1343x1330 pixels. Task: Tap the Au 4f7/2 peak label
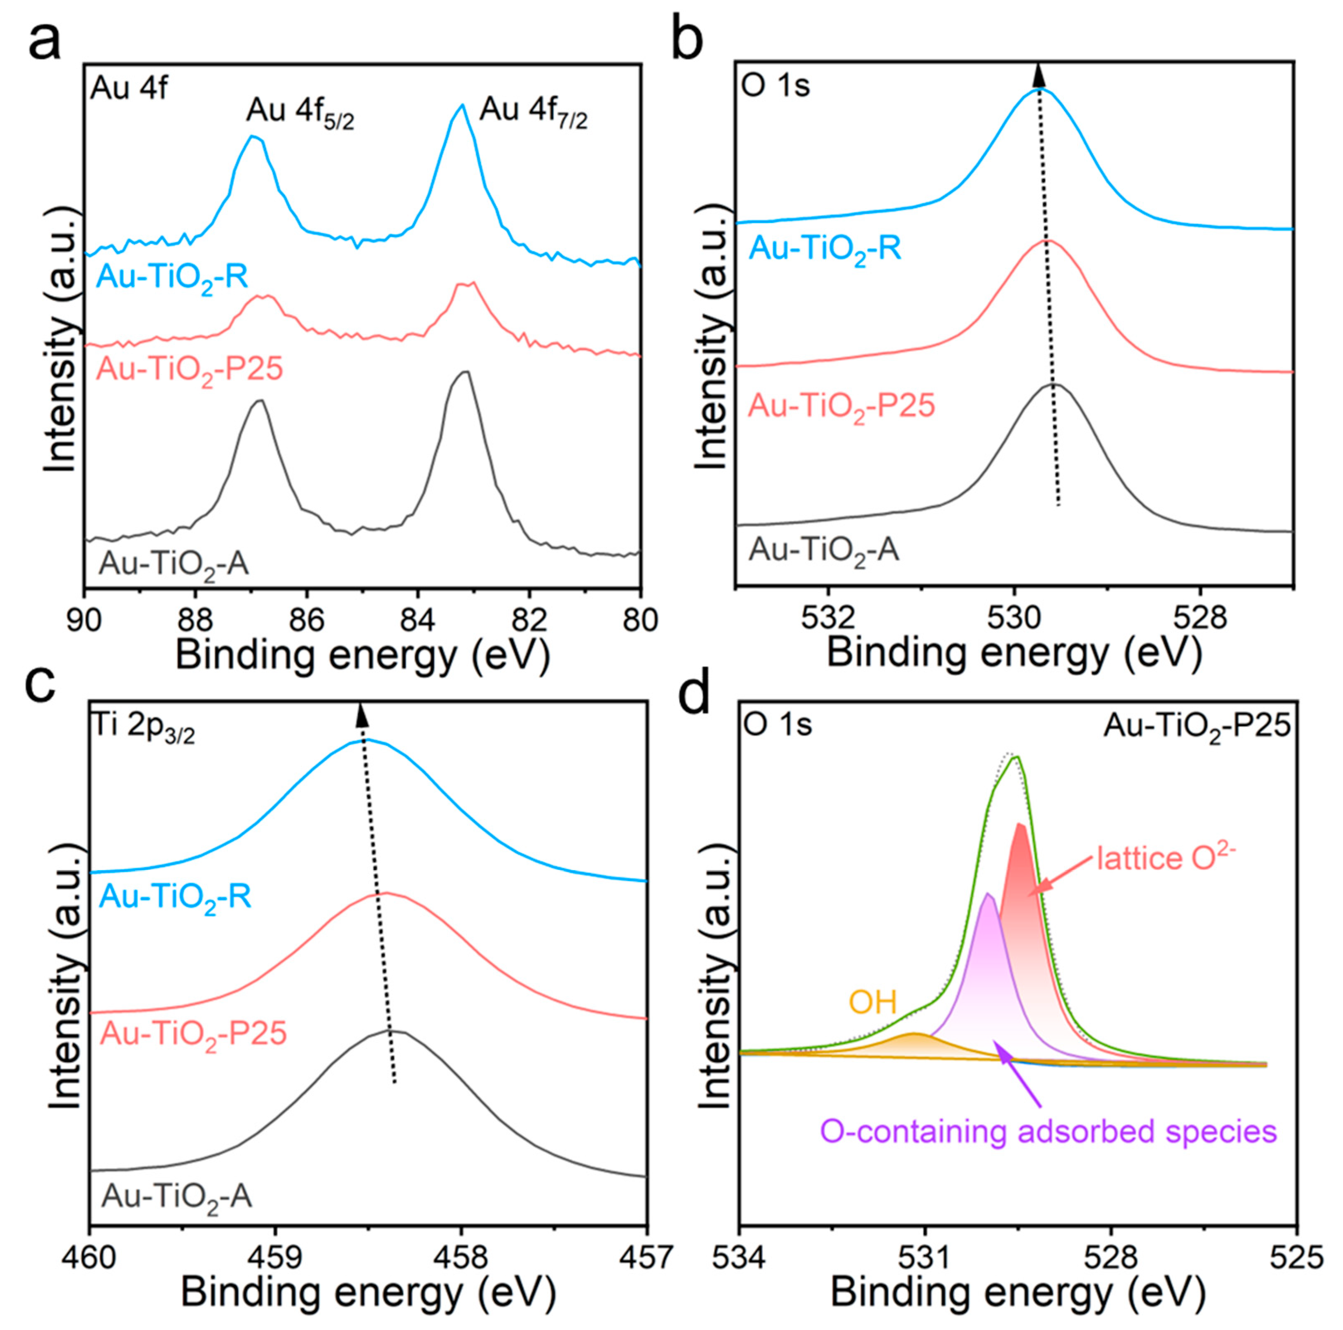533,112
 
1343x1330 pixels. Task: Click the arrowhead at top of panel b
1038,74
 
